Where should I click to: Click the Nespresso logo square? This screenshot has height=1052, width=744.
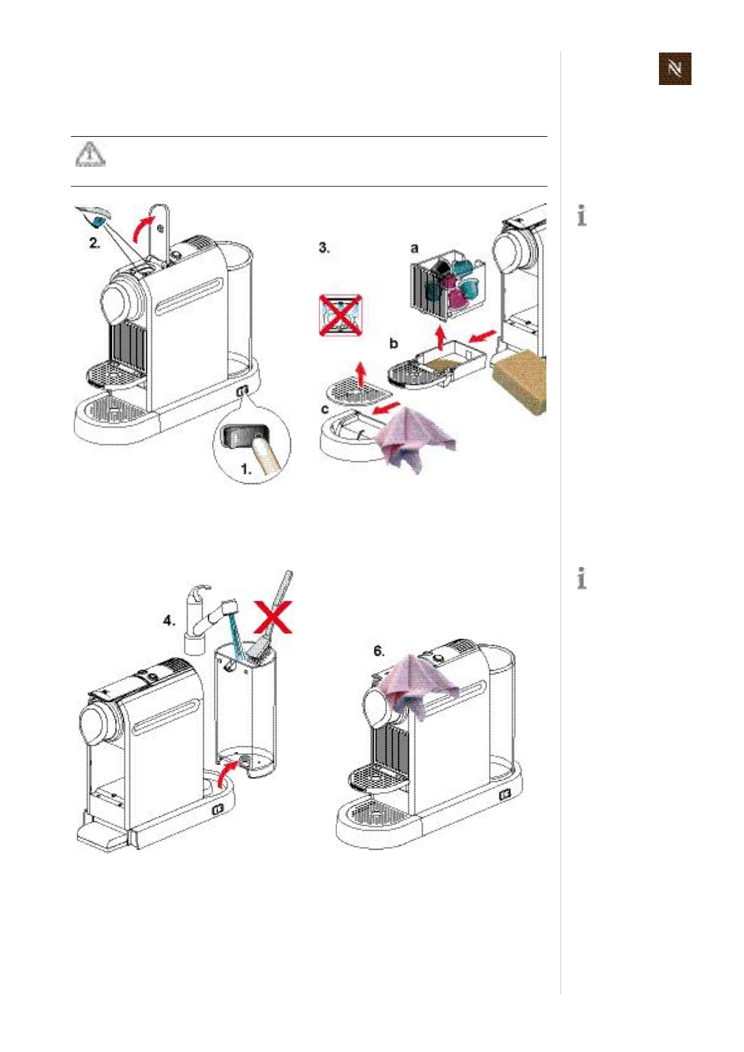(x=675, y=69)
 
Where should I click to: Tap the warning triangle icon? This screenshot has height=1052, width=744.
(x=91, y=154)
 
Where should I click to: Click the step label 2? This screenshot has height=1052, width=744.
(x=94, y=243)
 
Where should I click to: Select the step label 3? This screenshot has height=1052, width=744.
(x=324, y=248)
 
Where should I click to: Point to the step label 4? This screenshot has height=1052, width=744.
(x=169, y=621)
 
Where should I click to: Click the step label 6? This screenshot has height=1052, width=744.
(x=379, y=651)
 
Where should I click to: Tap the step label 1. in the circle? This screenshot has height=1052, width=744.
(x=247, y=468)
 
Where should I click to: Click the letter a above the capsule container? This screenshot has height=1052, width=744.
(x=414, y=248)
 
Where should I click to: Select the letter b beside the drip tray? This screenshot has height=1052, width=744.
(x=393, y=343)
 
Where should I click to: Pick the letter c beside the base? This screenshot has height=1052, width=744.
(x=324, y=409)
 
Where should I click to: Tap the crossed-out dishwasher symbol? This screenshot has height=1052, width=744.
(x=341, y=314)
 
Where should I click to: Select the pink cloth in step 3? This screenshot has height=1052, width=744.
(x=413, y=435)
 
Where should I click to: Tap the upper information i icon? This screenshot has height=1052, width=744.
(x=582, y=216)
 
